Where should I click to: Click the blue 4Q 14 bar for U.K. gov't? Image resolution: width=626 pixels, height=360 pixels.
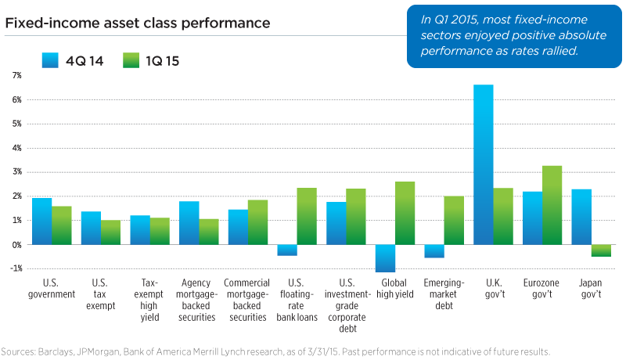coord(484,164)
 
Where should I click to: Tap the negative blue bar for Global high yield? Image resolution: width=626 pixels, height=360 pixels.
coord(386,258)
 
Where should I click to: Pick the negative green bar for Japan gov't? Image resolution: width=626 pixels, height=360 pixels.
coord(601,250)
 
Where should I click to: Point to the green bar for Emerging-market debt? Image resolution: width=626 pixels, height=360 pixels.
coord(453,220)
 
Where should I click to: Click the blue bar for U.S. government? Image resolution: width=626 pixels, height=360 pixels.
coord(42,221)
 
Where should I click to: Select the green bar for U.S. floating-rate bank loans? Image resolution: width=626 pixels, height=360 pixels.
coord(307,216)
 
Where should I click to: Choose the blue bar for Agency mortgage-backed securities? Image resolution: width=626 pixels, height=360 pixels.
coord(189,223)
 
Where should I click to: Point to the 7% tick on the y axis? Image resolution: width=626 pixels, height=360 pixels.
coord(16,75)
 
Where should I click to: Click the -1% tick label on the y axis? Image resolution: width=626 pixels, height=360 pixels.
coord(16,268)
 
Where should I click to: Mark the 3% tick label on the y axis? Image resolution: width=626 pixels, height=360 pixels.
coord(16,172)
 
